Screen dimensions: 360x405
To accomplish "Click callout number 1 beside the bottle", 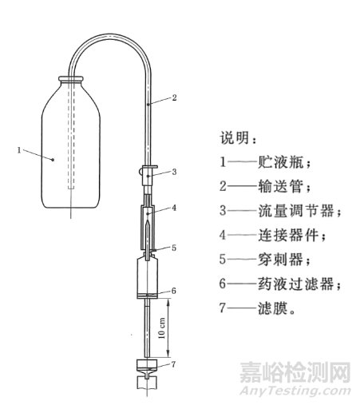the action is click(x=19, y=150).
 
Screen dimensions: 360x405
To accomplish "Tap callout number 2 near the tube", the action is click(x=174, y=97).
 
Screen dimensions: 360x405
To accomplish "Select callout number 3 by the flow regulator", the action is click(x=174, y=172).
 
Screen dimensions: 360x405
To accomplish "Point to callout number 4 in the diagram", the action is click(x=174, y=208).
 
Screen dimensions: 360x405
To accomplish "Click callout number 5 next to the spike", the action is click(x=174, y=248).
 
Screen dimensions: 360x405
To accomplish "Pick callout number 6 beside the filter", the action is click(x=174, y=291).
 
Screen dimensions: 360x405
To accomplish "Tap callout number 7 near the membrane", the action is click(x=173, y=364).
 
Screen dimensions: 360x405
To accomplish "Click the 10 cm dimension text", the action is click(x=162, y=328).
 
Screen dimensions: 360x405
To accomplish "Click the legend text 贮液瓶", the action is click(x=280, y=161).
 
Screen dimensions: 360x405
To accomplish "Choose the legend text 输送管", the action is click(x=280, y=186).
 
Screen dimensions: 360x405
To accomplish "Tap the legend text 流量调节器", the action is click(x=296, y=210).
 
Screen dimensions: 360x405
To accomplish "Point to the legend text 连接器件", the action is click(x=288, y=235).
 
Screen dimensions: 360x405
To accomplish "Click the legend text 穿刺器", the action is click(x=280, y=259).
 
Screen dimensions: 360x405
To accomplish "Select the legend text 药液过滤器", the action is click(x=296, y=284).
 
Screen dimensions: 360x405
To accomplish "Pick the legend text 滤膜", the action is click(x=273, y=308).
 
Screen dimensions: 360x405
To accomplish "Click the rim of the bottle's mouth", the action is click(x=71, y=79).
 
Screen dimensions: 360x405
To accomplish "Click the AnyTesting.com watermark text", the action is click(x=295, y=391).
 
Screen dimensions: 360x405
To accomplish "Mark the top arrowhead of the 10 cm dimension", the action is click(x=168, y=302).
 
